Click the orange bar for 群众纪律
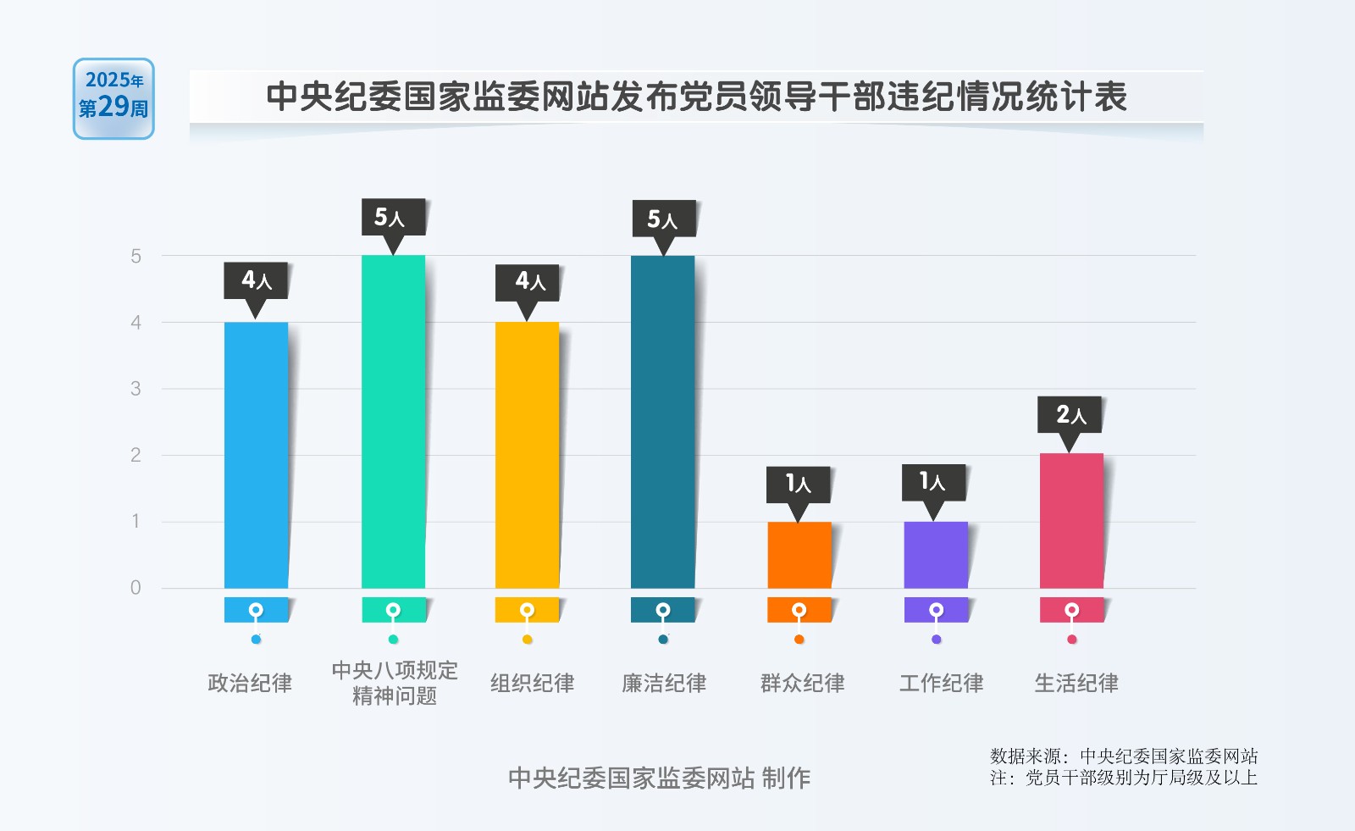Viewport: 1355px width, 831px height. point(799,555)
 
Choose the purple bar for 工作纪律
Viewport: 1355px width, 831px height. point(935,555)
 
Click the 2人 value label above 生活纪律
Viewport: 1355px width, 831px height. point(1070,414)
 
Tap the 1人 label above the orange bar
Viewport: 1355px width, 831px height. point(798,484)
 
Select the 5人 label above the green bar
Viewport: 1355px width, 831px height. point(390,218)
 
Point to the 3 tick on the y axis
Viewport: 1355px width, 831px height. point(135,389)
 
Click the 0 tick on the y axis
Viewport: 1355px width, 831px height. point(135,588)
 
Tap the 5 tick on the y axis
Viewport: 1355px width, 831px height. point(135,256)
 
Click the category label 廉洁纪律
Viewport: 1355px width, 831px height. point(664,683)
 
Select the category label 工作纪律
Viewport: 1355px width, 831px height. point(941,683)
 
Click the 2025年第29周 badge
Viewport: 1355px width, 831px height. point(113,98)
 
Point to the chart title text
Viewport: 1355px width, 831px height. point(696,97)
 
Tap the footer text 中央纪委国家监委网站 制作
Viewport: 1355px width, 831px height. point(659,778)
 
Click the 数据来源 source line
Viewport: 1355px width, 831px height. point(1124,756)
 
